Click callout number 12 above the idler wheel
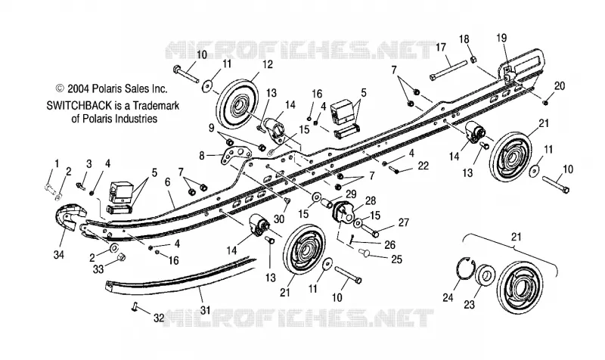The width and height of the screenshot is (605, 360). click(267, 64)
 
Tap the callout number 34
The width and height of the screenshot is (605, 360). click(59, 255)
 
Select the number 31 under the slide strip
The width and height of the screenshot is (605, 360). click(205, 310)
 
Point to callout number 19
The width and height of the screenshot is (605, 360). click(501, 38)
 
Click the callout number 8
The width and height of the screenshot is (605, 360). click(202, 156)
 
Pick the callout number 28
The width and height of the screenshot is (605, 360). click(371, 200)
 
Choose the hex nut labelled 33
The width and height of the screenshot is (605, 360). click(120, 256)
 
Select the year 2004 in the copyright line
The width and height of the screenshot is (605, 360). click(79, 88)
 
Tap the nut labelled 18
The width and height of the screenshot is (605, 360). click(474, 59)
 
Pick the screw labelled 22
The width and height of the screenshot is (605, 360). click(395, 169)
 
